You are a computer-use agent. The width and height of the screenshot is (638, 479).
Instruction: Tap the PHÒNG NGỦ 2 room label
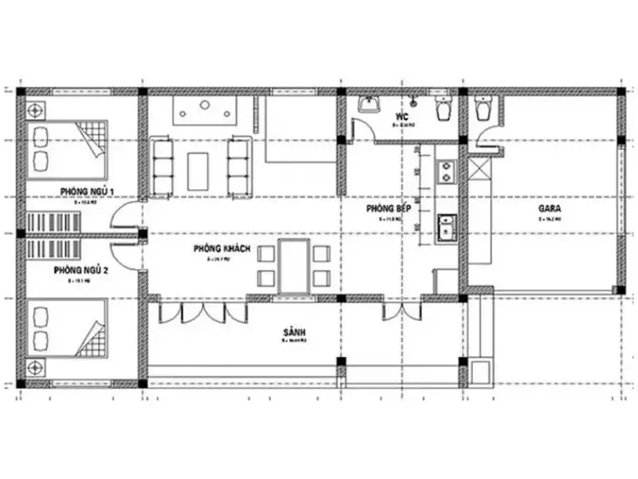[81, 271]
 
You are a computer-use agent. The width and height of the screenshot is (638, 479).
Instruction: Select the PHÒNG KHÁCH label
[222, 250]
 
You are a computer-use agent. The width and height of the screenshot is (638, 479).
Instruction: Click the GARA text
[550, 209]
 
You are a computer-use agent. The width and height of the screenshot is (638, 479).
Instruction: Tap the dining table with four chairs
[293, 266]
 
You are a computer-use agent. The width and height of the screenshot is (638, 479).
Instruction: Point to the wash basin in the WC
[368, 105]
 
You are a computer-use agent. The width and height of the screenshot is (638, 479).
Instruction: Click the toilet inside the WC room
[443, 109]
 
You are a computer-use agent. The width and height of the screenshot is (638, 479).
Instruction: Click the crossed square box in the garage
[479, 170]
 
